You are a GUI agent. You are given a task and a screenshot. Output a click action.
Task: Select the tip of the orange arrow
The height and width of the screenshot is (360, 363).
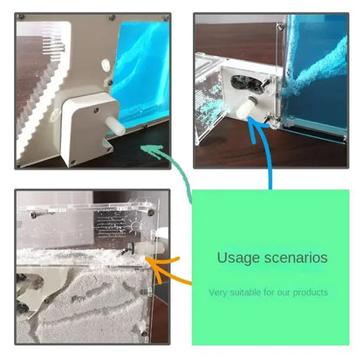pyautogui.click(x=147, y=259)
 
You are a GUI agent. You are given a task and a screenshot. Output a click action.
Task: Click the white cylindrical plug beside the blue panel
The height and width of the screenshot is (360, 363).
pyautogui.click(x=115, y=126)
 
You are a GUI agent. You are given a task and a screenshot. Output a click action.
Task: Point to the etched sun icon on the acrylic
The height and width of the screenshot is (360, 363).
pyautogui.click(x=136, y=225)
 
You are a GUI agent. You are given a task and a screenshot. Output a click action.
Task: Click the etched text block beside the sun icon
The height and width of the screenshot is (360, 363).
pyautogui.click(x=112, y=225)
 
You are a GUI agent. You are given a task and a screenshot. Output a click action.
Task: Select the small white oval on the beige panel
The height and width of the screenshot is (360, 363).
pyautogui.click(x=106, y=65)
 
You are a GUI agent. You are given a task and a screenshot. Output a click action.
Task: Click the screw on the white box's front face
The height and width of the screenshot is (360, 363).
pyautogui.click(x=96, y=110)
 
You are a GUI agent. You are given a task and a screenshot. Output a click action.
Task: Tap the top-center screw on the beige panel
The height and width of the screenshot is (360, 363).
pyautogui.click(x=113, y=18)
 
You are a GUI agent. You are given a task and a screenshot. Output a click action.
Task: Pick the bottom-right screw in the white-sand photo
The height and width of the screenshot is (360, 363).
pyautogui.click(x=144, y=333)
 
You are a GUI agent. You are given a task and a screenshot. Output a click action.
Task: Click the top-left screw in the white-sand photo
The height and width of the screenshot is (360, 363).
pyautogui.click(x=33, y=215)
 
